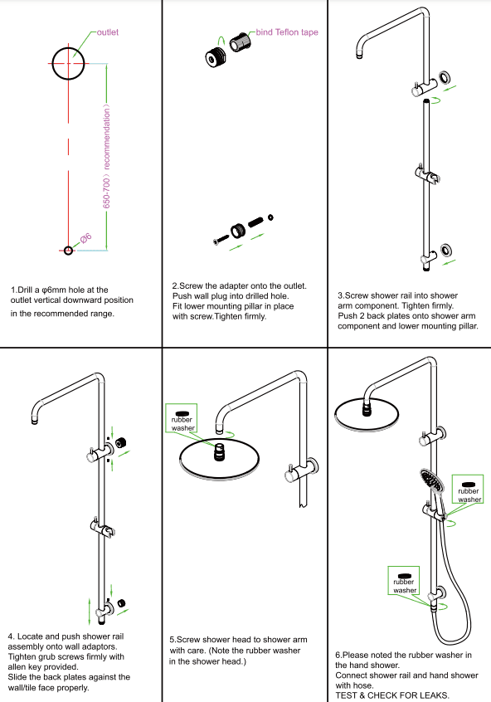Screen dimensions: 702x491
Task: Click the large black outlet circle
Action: pyautogui.click(x=67, y=63)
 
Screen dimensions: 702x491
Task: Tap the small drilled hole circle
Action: pyautogui.click(x=68, y=249)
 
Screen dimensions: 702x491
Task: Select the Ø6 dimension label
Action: pyautogui.click(x=85, y=239)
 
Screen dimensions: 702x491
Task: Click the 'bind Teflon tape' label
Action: pyautogui.click(x=287, y=32)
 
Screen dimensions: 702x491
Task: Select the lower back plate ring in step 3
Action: pyautogui.click(x=446, y=248)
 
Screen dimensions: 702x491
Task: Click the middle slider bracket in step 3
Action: pyautogui.click(x=425, y=174)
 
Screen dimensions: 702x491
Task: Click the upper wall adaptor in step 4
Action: pyautogui.click(x=122, y=442)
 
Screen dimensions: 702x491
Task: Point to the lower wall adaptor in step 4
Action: pyautogui.click(x=123, y=602)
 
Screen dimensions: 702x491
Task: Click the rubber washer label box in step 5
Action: pyautogui.click(x=183, y=419)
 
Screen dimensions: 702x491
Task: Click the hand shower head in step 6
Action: pyautogui.click(x=430, y=480)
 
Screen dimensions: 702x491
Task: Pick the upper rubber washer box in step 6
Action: pyautogui.click(x=469, y=491)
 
